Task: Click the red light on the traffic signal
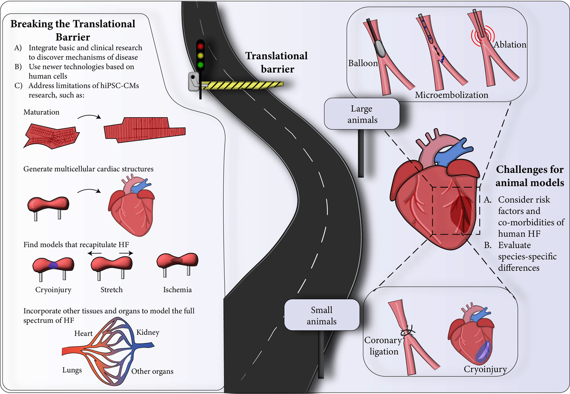pyautogui.click(x=200, y=46)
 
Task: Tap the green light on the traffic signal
pyautogui.click(x=200, y=65)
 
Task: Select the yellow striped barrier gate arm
pyautogui.click(x=242, y=85)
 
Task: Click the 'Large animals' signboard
pyautogui.click(x=361, y=114)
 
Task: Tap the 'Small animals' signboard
pyautogui.click(x=322, y=315)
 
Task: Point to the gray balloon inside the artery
pyautogui.click(x=380, y=48)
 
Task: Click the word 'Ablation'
pyautogui.click(x=510, y=45)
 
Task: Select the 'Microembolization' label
pyautogui.click(x=451, y=95)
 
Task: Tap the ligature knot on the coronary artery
pyautogui.click(x=408, y=331)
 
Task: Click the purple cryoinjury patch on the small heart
pyautogui.click(x=483, y=352)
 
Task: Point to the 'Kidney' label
pyautogui.click(x=148, y=332)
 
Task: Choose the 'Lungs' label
pyautogui.click(x=72, y=370)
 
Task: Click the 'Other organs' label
pyautogui.click(x=152, y=371)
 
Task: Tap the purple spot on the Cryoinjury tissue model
pyautogui.click(x=53, y=266)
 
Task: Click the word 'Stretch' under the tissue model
pyautogui.click(x=112, y=290)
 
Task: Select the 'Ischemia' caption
pyautogui.click(x=177, y=290)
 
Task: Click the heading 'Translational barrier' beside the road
pyautogui.click(x=276, y=63)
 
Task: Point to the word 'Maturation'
pyautogui.click(x=41, y=112)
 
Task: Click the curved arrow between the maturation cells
pyautogui.click(x=89, y=116)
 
